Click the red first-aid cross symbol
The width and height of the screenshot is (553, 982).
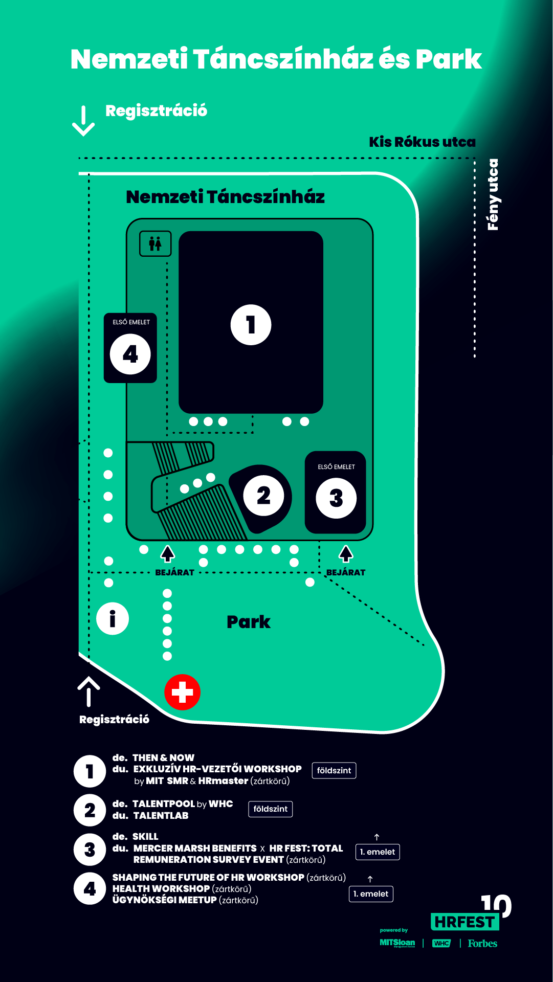pyautogui.click(x=182, y=692)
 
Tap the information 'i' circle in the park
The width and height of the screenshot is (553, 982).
pyautogui.click(x=113, y=618)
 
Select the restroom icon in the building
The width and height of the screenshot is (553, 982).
pyautogui.click(x=156, y=243)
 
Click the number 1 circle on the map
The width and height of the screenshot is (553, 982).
pyautogui.click(x=251, y=325)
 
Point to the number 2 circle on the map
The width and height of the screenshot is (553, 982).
pyautogui.click(x=263, y=495)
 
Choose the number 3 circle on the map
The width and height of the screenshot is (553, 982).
pyautogui.click(x=336, y=498)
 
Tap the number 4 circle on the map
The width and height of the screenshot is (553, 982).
pyautogui.click(x=130, y=354)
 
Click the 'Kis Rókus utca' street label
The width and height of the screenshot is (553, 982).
pyautogui.click(x=422, y=142)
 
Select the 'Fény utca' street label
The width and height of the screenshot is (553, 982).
pyautogui.click(x=493, y=194)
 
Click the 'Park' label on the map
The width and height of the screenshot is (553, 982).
pyautogui.click(x=249, y=622)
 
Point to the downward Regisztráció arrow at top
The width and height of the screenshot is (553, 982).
pyautogui.click(x=83, y=121)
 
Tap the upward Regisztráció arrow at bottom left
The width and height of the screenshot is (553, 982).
pyautogui.click(x=89, y=691)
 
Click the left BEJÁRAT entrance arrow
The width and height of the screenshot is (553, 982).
pyautogui.click(x=167, y=553)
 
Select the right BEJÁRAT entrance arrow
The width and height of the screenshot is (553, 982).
pyautogui.click(x=346, y=553)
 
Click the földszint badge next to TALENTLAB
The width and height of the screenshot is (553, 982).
pyautogui.click(x=270, y=809)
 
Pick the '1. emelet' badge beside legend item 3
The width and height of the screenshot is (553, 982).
pyautogui.click(x=378, y=852)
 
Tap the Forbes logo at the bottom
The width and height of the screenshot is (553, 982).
pyautogui.click(x=482, y=943)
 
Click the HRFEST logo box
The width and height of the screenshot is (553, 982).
pyautogui.click(x=464, y=922)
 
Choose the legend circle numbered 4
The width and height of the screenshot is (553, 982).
pyautogui.click(x=90, y=888)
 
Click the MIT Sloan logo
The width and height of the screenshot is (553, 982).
pyautogui.click(x=397, y=943)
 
